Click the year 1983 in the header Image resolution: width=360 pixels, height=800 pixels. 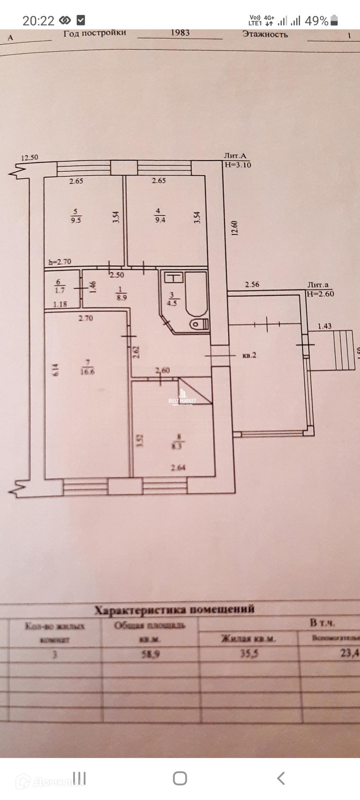pos(180,33)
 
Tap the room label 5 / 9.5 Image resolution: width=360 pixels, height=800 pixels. pos(76,216)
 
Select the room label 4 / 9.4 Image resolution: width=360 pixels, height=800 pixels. pos(160,216)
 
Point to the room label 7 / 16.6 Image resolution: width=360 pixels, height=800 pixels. pos(87,367)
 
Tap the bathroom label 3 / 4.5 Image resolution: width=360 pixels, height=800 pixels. pos(172,300)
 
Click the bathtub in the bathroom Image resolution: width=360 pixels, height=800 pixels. pos(196,294)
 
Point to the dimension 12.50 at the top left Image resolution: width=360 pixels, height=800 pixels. pos(30,157)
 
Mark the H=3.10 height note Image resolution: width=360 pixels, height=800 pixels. pos(237,165)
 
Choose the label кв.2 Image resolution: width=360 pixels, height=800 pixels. pos(249,355)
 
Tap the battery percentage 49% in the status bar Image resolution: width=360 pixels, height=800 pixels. pos(316,20)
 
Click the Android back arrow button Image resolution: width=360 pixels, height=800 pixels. pos(281,778)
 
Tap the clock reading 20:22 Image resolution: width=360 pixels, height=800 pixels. pos(38,21)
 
